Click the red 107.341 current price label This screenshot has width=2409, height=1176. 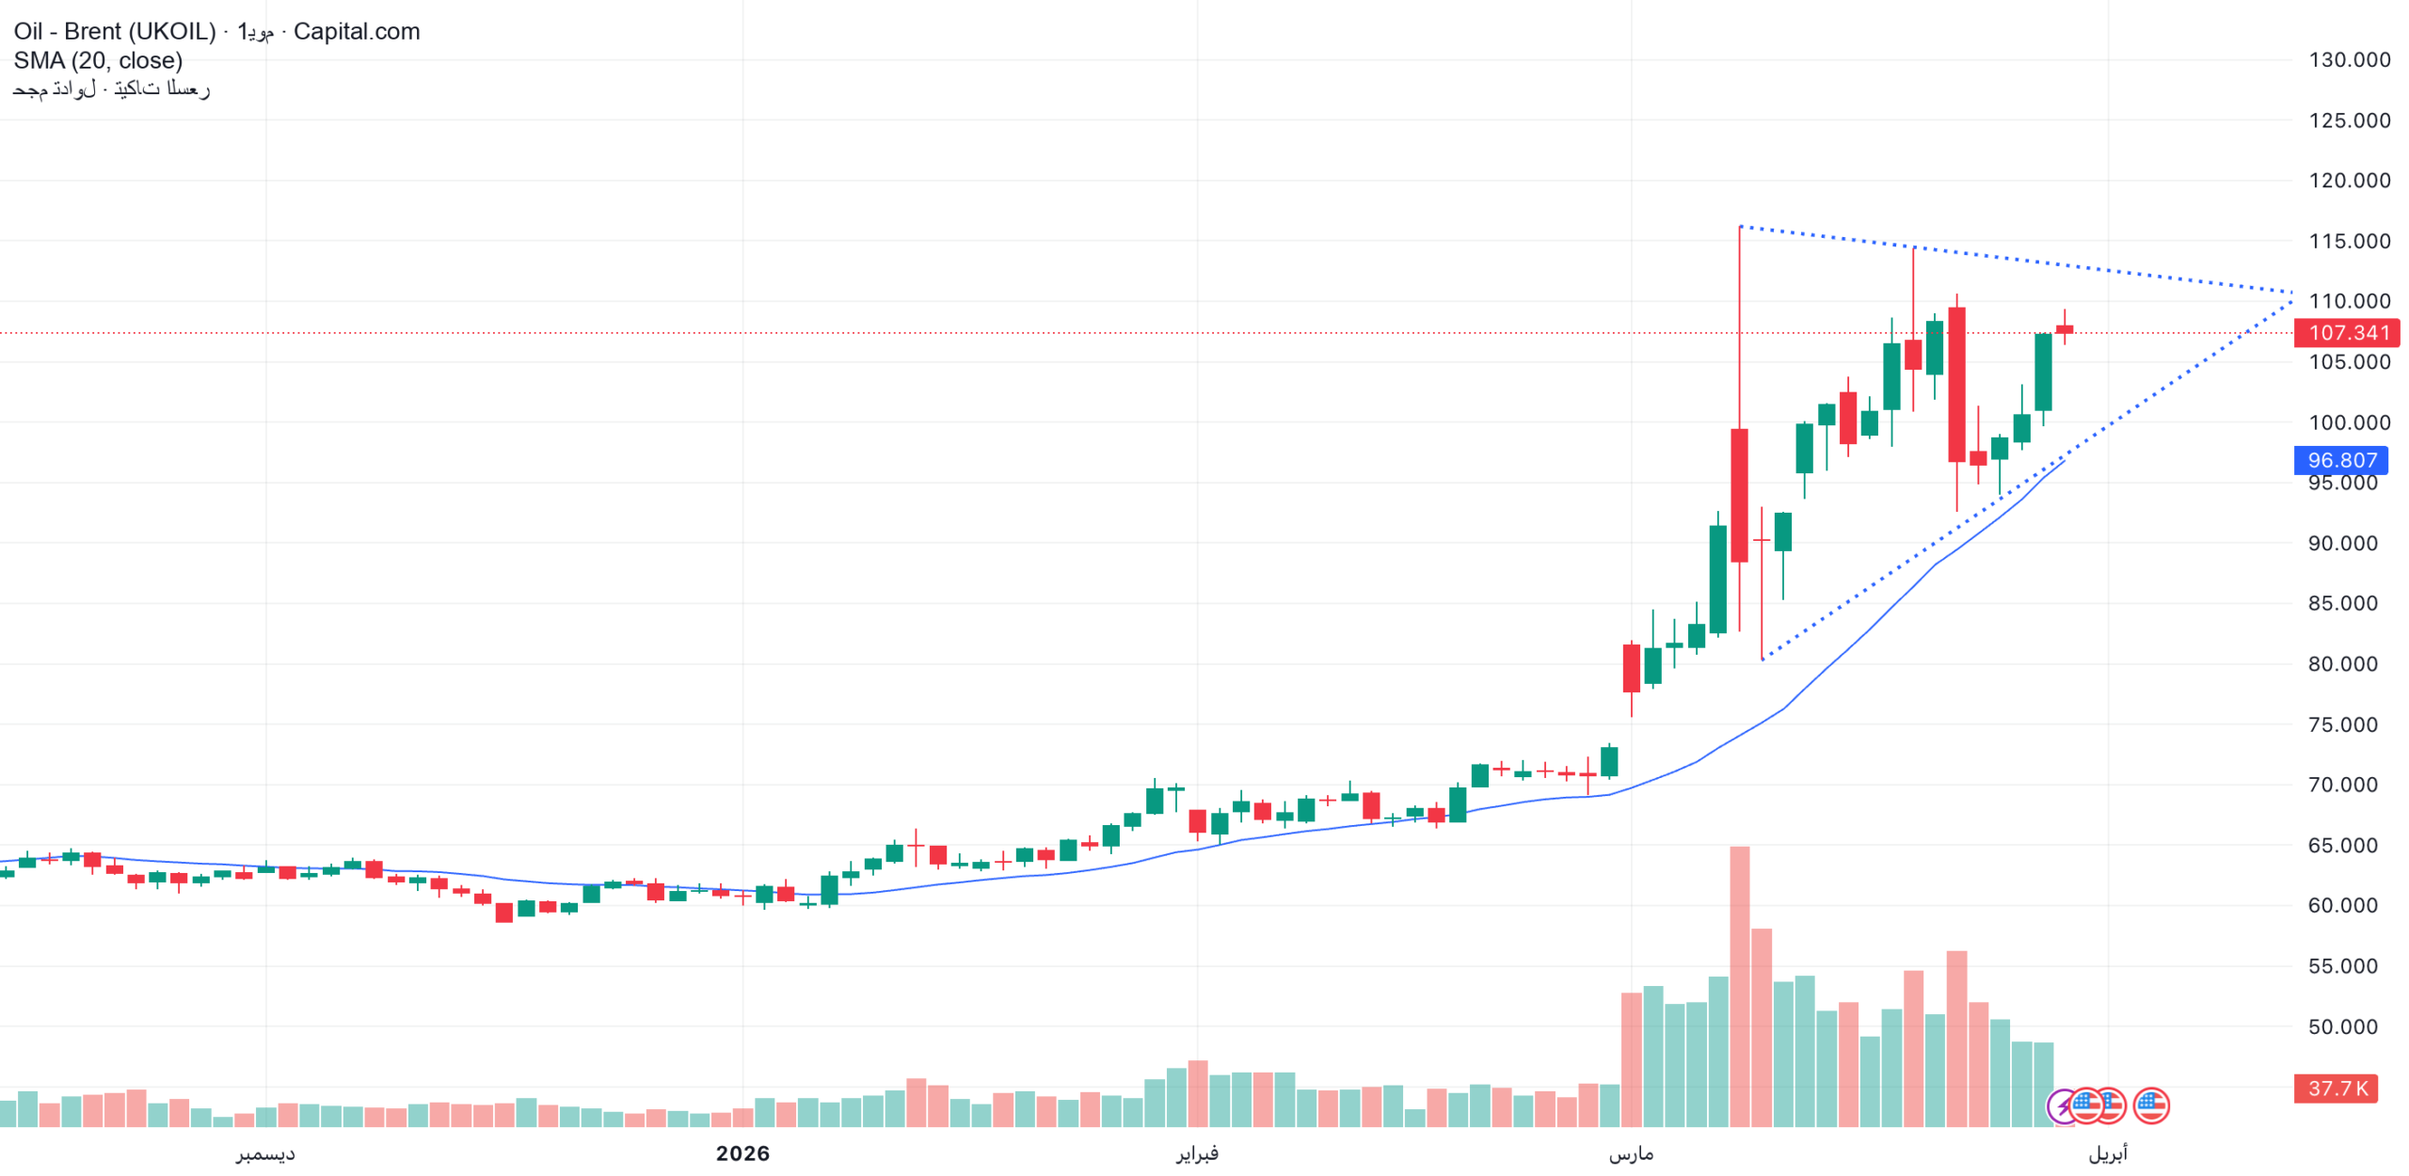2347,332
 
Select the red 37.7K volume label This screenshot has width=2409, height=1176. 2336,1089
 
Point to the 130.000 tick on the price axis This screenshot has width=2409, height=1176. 2348,60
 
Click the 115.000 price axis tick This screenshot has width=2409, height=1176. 2348,241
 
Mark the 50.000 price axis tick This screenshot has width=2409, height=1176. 2341,1026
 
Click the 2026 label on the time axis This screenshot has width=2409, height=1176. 742,1153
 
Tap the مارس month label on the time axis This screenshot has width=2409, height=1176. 1631,1153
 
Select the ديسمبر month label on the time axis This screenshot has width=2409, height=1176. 265,1153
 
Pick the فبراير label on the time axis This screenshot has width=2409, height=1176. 1197,1153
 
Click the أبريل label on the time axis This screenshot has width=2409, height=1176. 2107,1153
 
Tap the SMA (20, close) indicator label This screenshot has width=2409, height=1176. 98,60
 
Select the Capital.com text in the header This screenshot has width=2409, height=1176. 357,31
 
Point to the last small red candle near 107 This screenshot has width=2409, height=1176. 2064,329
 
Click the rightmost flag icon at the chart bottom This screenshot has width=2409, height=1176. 2150,1105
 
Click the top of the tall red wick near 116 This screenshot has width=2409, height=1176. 1739,228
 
